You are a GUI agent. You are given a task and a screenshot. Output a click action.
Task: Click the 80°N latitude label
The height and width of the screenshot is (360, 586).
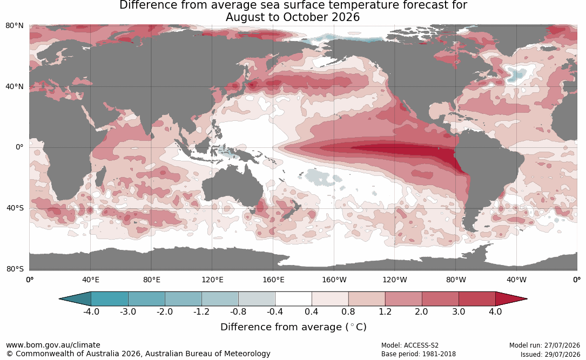15,26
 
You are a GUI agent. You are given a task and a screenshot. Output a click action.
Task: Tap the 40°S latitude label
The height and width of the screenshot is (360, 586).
15,208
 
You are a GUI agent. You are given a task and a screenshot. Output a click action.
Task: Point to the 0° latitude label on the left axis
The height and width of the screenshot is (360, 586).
19,147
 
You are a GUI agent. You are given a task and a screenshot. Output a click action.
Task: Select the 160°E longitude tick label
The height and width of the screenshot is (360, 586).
274,280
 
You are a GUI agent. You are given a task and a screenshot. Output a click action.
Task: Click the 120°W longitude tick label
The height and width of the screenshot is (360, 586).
395,280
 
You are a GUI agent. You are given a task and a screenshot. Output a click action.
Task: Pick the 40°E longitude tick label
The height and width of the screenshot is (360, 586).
90,280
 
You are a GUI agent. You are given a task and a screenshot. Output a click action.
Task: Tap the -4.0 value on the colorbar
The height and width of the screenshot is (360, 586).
91,311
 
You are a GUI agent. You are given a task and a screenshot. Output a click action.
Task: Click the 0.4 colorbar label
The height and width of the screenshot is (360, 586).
311,311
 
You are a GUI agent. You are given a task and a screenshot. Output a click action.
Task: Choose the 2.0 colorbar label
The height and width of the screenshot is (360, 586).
421,311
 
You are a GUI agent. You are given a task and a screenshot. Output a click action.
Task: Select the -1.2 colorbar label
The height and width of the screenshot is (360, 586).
201,311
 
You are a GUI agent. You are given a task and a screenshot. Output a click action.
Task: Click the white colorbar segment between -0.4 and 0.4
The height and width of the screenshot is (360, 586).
293,299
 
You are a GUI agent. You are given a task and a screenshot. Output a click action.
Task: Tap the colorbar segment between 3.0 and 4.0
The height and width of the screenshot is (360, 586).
477,299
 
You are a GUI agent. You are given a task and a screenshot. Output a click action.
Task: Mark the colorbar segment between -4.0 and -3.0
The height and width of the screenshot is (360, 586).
110,299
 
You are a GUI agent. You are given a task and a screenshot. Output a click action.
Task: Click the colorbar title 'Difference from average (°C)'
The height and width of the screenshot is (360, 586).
293,327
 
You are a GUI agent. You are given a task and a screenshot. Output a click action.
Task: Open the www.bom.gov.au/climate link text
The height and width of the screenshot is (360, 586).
53,345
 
